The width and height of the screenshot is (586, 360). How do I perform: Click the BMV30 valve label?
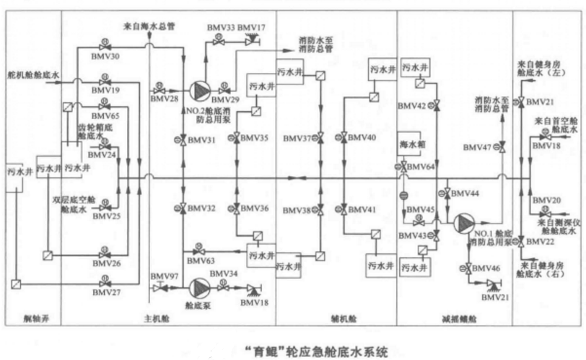[x=106, y=56]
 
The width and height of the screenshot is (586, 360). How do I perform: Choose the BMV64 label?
[x=421, y=167]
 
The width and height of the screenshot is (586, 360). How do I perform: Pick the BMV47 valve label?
[x=478, y=147]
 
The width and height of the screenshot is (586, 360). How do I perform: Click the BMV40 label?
[x=362, y=137]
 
